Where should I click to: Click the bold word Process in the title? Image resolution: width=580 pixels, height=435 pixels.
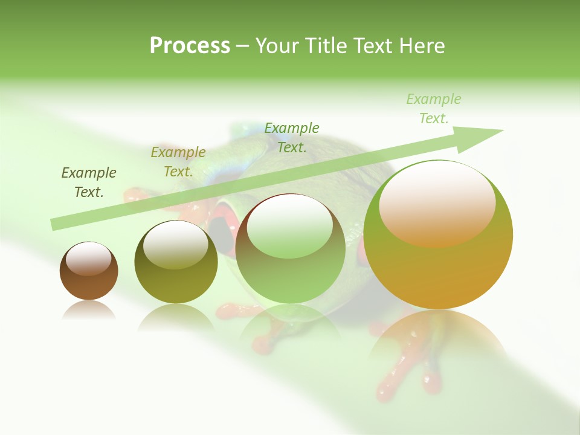point(190,46)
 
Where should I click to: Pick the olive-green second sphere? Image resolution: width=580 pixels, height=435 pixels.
point(176,282)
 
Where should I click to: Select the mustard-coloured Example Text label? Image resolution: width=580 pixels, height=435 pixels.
point(178,162)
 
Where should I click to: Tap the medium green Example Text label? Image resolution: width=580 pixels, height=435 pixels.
point(292,138)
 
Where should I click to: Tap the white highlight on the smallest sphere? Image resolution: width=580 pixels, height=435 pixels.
point(89,259)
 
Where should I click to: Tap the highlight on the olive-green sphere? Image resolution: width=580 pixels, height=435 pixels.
point(176,245)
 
